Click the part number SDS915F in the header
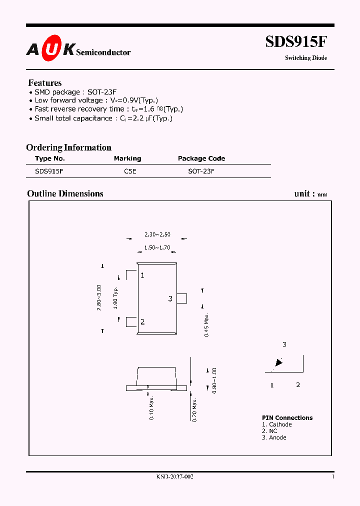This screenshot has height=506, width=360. pos(296,42)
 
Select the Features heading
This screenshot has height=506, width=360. pos(45,83)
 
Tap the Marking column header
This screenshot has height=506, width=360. pos(127,158)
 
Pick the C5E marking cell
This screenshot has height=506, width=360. pos(130,171)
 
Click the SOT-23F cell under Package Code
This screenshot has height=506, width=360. pos(201,171)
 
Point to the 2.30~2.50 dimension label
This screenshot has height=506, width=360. pos(157,234)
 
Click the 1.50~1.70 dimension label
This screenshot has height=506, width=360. pos(157,247)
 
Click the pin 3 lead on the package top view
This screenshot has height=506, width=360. pos(182,298)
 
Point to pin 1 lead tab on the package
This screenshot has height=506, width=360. pos(131,275)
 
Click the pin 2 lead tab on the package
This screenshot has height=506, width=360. pos(131,322)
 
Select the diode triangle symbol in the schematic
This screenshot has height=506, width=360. pos(278,363)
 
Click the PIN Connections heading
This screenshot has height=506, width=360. pos(287,418)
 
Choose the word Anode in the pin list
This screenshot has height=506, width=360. pos(277,437)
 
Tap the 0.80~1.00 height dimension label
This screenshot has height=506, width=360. pos(214,380)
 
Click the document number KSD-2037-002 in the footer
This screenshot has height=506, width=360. pos(174,477)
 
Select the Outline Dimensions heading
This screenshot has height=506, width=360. pos(65,193)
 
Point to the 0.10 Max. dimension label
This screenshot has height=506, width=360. pos(152,408)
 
